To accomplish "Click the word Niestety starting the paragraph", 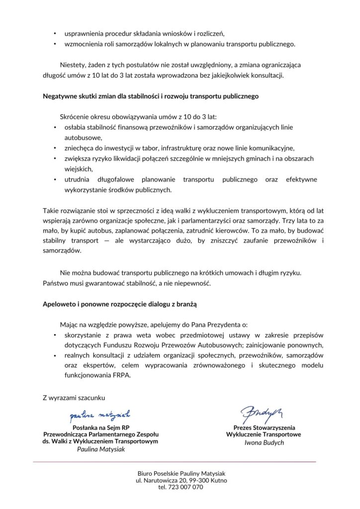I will pyautogui.click(x=73, y=65).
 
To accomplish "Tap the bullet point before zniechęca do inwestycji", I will pyautogui.click(x=55, y=148).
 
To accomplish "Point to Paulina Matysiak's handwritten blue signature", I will pyautogui.click(x=100, y=414).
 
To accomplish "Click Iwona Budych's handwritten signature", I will pyautogui.click(x=261, y=412).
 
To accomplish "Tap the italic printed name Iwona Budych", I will pyautogui.click(x=264, y=442).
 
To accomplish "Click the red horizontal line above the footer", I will pyautogui.click(x=174, y=462).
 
